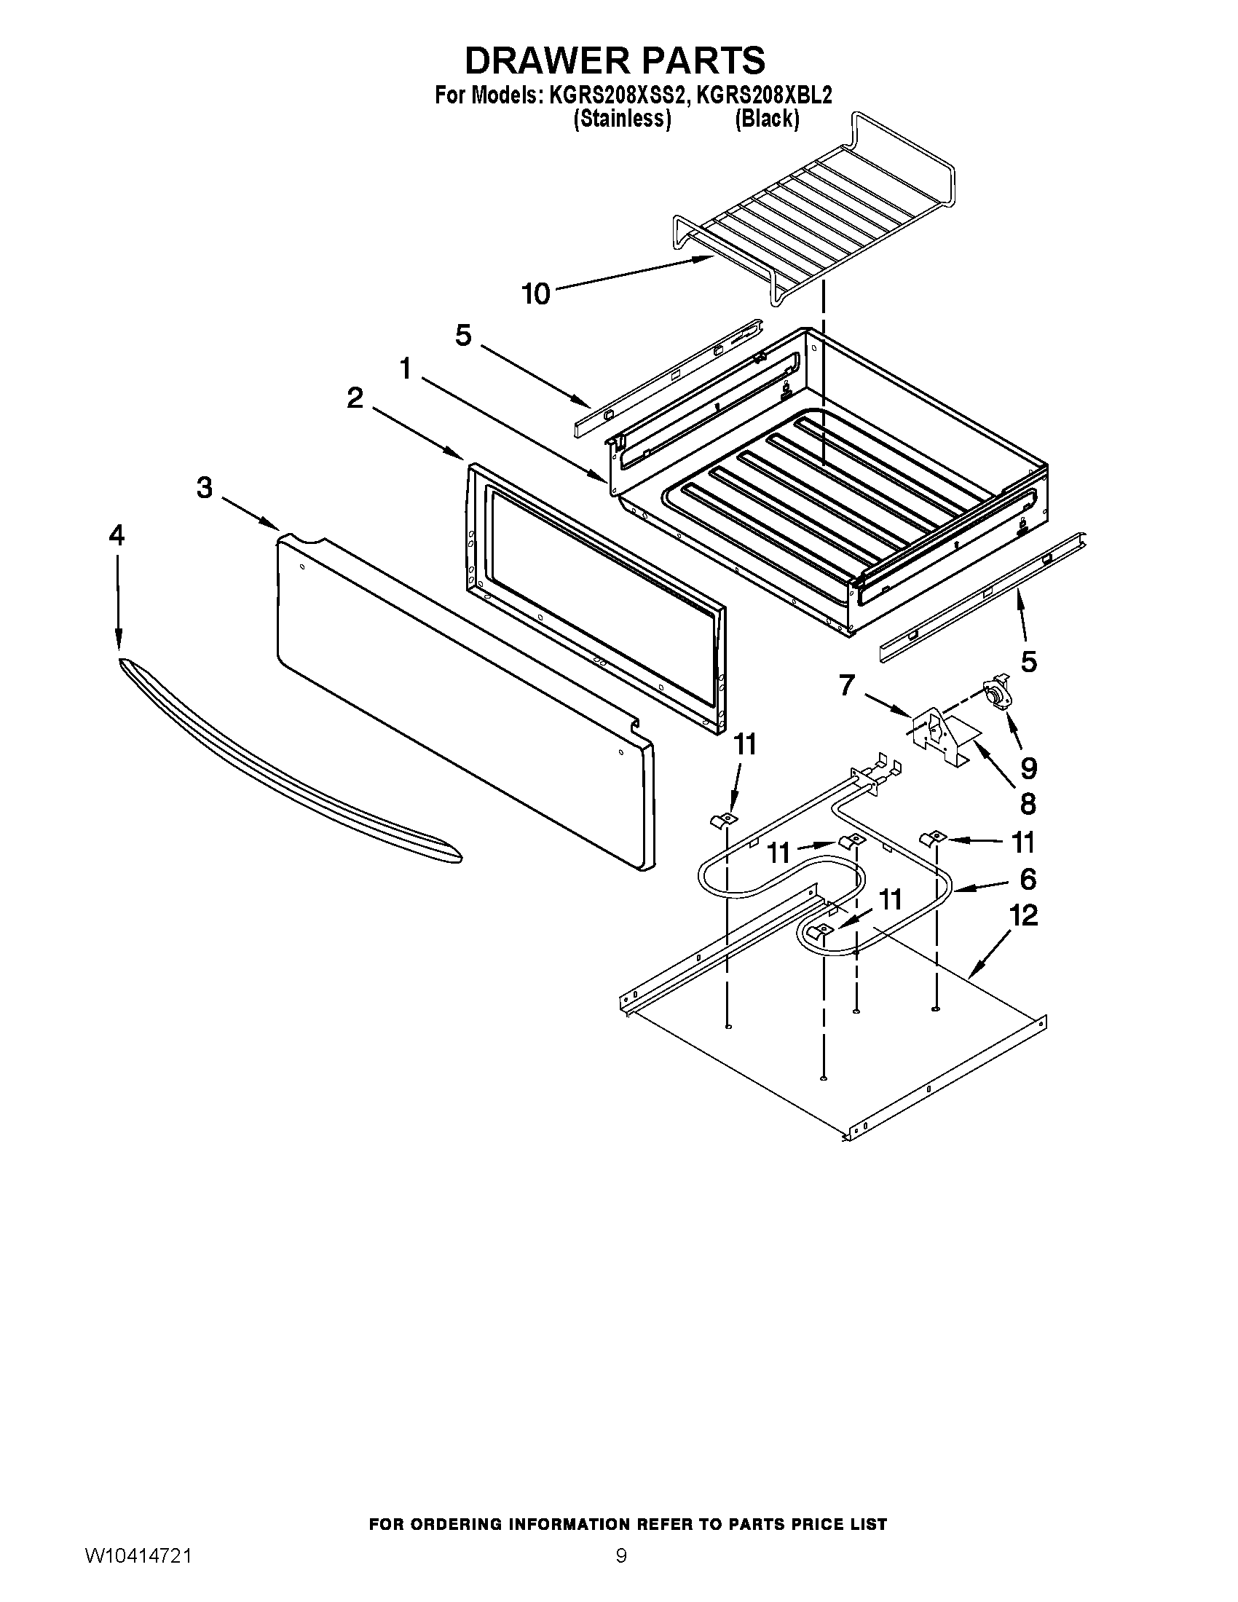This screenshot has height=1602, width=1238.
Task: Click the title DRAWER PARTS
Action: point(615,60)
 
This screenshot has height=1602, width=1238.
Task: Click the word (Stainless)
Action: point(622,119)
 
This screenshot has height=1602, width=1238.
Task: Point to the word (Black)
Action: point(767,119)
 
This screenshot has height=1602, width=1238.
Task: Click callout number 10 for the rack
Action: point(535,294)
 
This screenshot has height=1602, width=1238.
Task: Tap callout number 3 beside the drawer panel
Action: point(205,487)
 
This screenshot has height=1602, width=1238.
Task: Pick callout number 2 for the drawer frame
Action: point(355,398)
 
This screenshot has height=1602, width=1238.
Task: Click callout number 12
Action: point(1024,915)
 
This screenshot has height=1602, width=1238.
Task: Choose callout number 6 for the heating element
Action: point(1028,878)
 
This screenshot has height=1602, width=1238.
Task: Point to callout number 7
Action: point(847,686)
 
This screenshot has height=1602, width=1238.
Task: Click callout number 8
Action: point(1028,804)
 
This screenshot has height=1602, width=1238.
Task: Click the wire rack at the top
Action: point(814,213)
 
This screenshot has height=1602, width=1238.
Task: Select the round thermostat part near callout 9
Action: point(994,693)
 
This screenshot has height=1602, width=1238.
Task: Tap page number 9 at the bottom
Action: point(621,1571)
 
